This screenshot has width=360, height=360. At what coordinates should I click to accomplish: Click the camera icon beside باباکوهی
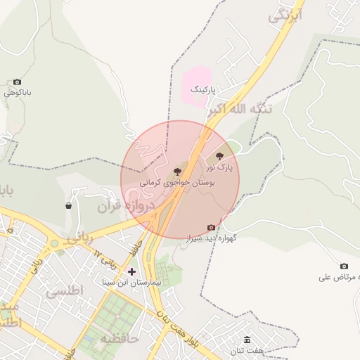(x=17, y=82)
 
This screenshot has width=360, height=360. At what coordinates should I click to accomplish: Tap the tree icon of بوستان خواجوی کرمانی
(x=176, y=171)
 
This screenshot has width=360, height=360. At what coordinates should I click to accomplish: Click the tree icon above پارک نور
(x=220, y=156)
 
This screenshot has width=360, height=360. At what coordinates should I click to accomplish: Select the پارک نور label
(x=219, y=168)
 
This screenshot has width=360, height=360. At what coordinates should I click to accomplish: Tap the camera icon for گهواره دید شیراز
(x=211, y=227)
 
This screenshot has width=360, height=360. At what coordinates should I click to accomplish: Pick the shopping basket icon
(x=68, y=206)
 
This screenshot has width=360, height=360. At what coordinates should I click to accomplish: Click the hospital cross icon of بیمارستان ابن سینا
(x=131, y=271)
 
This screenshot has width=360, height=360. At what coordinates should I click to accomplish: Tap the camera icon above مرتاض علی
(x=344, y=266)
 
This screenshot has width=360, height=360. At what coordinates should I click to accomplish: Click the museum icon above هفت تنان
(x=247, y=340)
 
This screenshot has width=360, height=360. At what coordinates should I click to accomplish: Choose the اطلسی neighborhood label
(x=64, y=290)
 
